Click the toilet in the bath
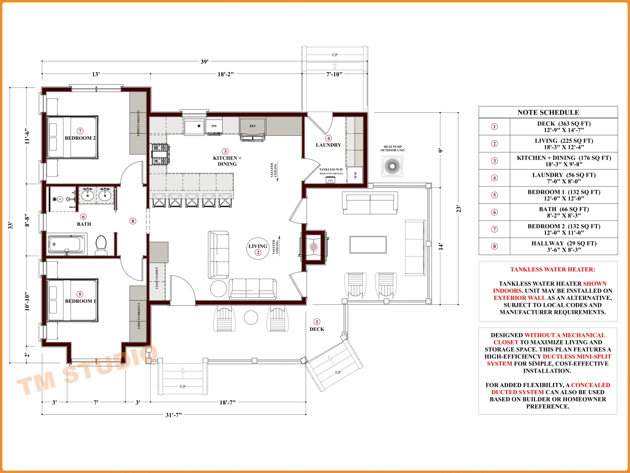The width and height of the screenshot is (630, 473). pos(101,245)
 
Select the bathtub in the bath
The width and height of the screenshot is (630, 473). pos(67,244)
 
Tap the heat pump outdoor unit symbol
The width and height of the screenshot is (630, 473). pos(392,166)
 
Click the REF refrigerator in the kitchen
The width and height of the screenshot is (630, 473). pos(253,129)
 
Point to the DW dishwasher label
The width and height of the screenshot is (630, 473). pos(214,126)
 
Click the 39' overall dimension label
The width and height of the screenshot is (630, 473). pos(205,62)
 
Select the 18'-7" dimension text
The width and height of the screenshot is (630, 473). pos(227,402)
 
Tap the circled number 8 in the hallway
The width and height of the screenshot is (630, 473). pos(133,221)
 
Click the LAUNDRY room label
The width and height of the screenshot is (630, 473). pos(328,145)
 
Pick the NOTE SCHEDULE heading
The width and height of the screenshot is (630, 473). pos(548,113)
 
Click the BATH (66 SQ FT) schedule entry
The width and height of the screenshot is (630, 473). pos(564,212)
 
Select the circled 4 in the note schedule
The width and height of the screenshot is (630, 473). pos(494,178)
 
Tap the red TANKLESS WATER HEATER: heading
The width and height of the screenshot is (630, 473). pos(552,270)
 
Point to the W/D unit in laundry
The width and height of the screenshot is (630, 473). pos(355,175)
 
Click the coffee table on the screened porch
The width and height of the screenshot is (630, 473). pos(368,245)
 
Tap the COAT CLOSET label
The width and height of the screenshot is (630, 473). pos(157,278)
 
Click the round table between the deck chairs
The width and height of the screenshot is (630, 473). pos(251,317)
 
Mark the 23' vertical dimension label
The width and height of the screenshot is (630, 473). pos(458,209)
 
